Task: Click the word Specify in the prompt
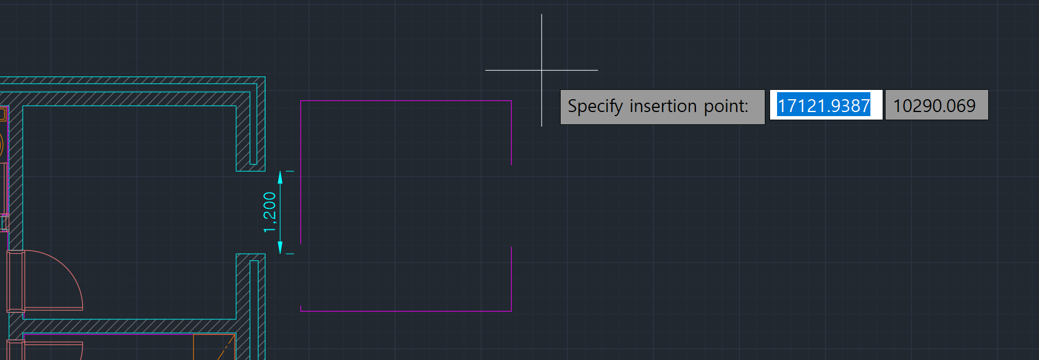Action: tap(595, 106)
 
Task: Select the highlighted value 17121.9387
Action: tap(823, 106)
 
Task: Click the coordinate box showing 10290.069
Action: tap(935, 106)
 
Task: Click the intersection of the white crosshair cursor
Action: tap(541, 70)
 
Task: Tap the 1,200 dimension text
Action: tap(270, 212)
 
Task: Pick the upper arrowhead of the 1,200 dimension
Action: tap(280, 177)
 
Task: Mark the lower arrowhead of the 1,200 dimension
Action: tap(280, 248)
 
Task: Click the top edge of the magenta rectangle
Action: tap(405, 101)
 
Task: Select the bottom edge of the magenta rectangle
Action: tap(405, 311)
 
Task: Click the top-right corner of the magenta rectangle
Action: tap(511, 101)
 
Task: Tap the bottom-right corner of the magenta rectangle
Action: tap(511, 311)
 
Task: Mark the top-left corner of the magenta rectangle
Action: tap(300, 101)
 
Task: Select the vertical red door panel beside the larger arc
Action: tap(16, 281)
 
